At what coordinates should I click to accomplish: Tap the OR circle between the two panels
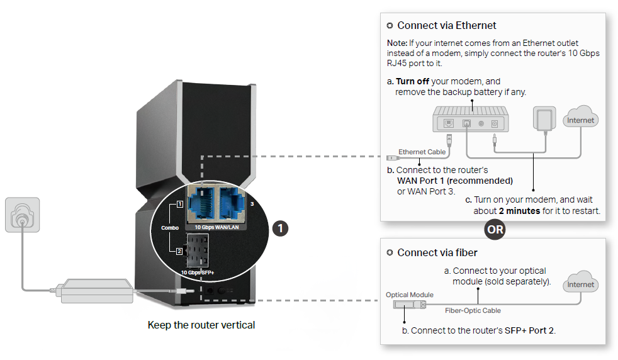(x=495, y=229)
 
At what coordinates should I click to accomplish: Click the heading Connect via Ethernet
(x=447, y=26)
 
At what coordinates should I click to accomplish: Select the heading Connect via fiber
(x=437, y=252)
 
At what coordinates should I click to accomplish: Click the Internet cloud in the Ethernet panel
(x=580, y=120)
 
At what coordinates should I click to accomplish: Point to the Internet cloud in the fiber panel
(x=580, y=284)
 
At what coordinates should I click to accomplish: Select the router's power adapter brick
(x=96, y=291)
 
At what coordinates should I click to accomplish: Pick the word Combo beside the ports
(x=169, y=227)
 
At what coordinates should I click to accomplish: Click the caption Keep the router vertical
(x=201, y=325)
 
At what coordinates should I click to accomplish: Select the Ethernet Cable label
(x=422, y=152)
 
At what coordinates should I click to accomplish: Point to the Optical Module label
(x=409, y=295)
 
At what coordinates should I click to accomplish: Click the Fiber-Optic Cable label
(x=473, y=310)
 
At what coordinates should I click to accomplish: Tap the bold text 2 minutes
(x=519, y=211)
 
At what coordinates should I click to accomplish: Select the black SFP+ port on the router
(x=200, y=251)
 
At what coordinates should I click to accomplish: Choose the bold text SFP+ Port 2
(x=529, y=330)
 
